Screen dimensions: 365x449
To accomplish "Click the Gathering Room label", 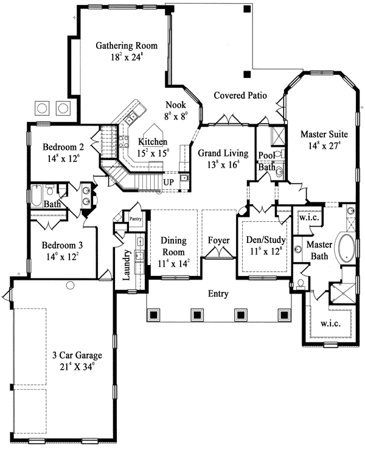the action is pos(127,46).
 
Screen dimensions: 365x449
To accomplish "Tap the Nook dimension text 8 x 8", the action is pos(176,116).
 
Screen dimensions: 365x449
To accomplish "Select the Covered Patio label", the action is pos(240,95).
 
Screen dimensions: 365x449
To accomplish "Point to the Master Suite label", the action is pos(324,134).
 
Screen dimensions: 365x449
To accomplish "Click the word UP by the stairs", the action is pos(169,182).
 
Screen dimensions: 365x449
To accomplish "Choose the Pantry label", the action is pos(136,219).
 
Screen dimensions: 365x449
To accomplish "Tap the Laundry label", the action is pos(126,265).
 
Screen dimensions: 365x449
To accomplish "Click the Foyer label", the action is pos(218,240).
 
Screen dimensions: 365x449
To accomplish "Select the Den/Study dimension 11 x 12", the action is pos(266,252).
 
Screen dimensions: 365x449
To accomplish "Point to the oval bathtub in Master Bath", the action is pos(346,248).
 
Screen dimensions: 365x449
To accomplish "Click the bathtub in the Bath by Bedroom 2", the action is pos(36,196).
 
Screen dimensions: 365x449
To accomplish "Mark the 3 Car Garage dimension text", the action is pos(77,367).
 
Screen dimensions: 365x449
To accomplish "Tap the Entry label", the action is pos(218,294).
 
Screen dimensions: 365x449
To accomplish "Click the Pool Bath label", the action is pos(267,161).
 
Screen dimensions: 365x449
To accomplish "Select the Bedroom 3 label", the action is pos(62,245).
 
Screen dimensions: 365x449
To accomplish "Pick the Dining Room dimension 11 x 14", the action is pos(173,263).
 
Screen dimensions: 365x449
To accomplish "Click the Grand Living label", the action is pos(223,153).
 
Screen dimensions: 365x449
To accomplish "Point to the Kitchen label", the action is pos(153,141).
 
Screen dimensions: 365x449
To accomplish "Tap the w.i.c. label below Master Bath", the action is pos(330,323).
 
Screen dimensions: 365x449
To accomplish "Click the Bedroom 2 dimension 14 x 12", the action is pos(63,158).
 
